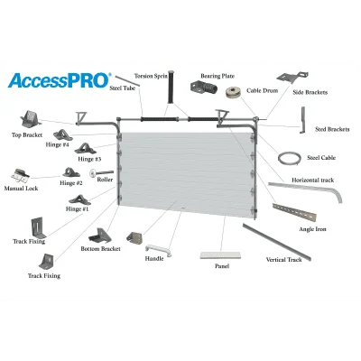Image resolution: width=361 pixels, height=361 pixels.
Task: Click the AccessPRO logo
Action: coord(60,80)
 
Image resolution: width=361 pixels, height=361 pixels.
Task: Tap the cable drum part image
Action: coord(235,93)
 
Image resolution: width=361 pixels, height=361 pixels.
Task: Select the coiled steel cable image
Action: coord(290,158)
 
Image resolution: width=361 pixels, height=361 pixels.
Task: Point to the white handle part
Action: coord(159,251)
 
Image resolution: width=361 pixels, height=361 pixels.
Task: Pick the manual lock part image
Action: coord(21,176)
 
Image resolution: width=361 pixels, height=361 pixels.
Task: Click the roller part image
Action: coord(101,173)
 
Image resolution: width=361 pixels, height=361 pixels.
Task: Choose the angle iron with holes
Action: coord(294,212)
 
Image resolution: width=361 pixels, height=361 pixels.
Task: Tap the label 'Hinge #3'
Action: coord(89,159)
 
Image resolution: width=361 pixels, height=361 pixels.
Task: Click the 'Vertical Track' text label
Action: coord(283,259)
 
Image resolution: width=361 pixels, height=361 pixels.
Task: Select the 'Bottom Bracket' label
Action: coord(100,249)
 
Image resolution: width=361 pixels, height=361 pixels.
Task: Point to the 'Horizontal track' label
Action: coord(312,180)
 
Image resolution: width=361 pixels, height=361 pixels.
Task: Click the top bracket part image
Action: coord(30,120)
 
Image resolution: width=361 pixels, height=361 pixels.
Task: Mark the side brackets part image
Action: coord(292,78)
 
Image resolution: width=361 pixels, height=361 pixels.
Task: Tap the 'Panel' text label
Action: coord(222,266)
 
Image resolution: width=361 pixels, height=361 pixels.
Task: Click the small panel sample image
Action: coord(220,255)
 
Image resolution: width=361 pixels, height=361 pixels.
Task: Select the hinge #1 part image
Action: coord(79,200)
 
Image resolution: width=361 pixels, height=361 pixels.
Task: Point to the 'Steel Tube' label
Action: coord(122,88)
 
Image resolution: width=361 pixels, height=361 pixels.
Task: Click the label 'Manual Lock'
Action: coord(21,189)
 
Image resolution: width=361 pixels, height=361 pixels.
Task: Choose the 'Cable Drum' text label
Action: coord(262,90)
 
